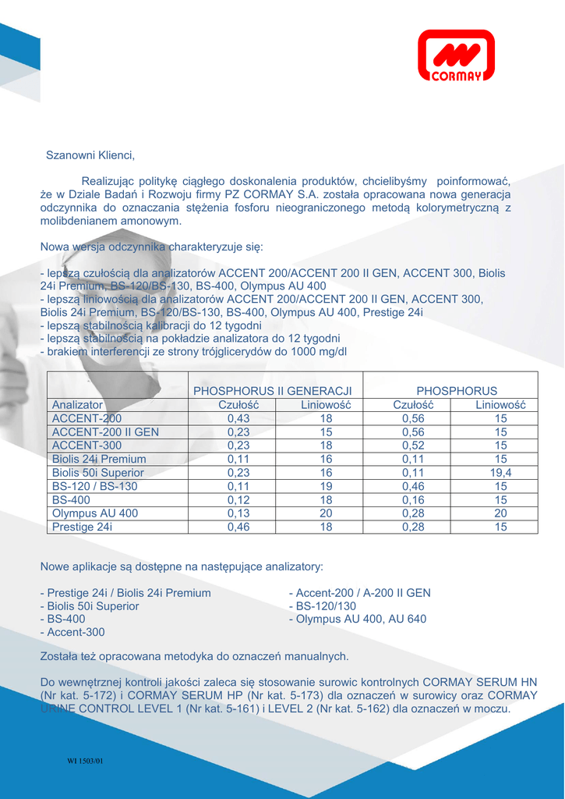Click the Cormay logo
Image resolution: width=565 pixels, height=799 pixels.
point(456,55)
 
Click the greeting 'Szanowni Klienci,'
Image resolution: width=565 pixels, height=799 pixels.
point(90,155)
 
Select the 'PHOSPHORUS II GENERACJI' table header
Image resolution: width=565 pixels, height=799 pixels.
point(273,390)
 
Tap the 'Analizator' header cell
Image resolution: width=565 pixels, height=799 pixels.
point(77,405)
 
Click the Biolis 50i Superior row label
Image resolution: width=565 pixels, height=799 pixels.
point(97,472)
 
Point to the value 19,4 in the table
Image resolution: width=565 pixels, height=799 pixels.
point(500,472)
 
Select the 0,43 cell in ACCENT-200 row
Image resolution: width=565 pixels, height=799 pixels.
point(238,418)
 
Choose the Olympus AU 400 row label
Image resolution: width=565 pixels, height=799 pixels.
point(94,513)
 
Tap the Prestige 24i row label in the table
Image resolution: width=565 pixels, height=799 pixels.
point(82,527)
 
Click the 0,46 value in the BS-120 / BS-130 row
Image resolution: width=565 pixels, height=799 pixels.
point(413,486)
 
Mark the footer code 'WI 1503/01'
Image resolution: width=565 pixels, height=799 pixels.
point(85,761)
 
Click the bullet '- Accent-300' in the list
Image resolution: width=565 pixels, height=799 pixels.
point(72,632)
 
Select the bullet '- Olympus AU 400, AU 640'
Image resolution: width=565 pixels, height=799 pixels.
point(358,619)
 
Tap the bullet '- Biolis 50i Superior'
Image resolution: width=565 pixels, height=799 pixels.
point(90,605)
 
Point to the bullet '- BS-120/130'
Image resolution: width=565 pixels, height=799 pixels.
point(323,605)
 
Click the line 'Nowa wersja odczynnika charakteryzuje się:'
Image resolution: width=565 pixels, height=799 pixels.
point(152,247)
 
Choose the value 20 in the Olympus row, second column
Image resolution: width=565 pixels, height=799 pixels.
point(326,513)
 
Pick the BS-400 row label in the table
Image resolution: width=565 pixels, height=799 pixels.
point(71,499)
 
